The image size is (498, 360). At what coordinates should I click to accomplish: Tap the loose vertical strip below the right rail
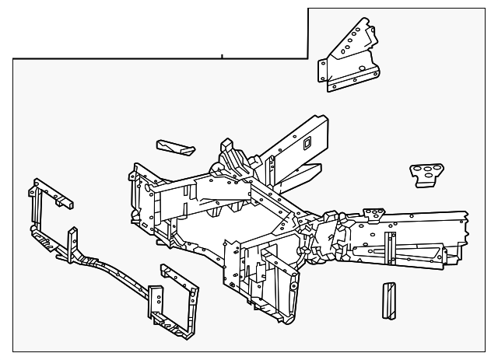point(388,300)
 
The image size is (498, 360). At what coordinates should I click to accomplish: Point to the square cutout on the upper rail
point(307,142)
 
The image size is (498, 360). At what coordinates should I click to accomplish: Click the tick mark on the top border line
point(222,56)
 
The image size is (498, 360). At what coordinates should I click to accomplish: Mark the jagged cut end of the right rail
point(464,233)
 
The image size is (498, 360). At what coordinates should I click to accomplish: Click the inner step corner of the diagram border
point(308,58)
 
